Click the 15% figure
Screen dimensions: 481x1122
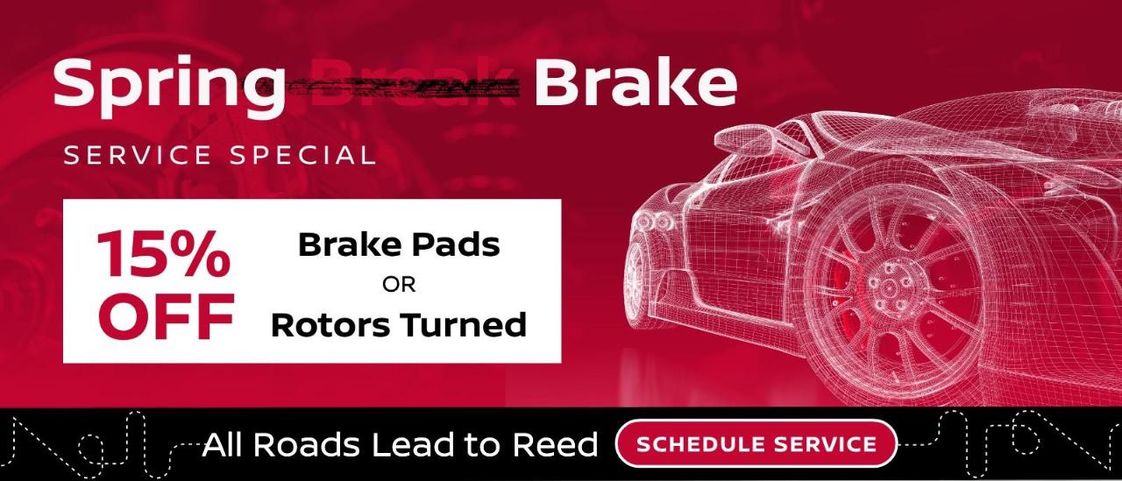click(x=164, y=254)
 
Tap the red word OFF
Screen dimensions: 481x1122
click(x=166, y=316)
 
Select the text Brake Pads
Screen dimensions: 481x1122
click(x=399, y=244)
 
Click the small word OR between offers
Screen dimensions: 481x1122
click(x=399, y=285)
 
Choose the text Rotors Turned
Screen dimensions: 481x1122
click(x=399, y=325)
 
